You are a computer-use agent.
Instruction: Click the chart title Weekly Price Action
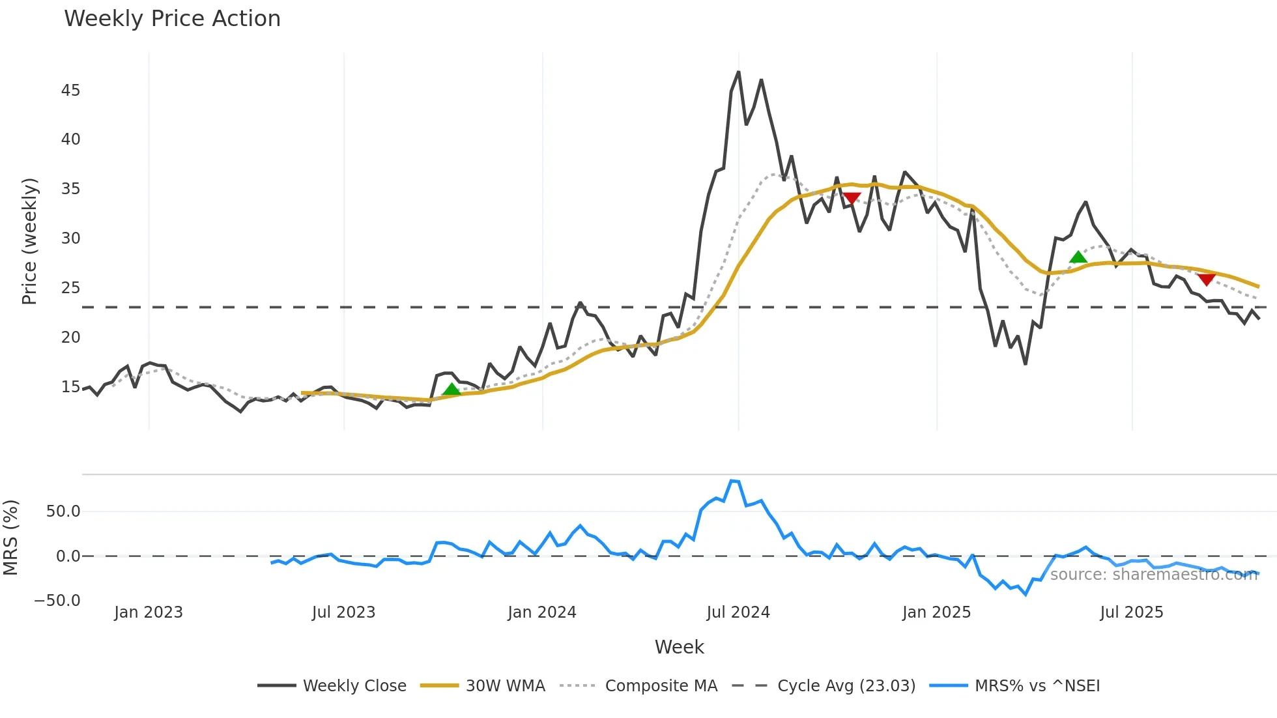point(172,19)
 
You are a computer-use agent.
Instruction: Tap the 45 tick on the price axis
point(70,91)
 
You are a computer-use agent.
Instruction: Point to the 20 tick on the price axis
point(70,337)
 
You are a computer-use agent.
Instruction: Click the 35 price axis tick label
point(70,189)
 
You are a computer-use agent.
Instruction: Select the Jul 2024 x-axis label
point(738,612)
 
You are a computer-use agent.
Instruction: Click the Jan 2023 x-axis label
point(149,612)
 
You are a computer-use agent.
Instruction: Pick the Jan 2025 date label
point(936,612)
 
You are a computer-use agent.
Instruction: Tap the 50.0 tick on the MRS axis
point(63,511)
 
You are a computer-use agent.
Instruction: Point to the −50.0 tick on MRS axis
point(57,601)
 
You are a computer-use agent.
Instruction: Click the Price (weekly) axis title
point(30,241)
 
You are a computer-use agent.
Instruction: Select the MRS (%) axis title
point(11,538)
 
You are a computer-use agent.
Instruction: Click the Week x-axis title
point(679,647)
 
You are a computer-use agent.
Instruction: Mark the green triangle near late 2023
point(451,390)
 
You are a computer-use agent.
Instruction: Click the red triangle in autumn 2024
point(852,197)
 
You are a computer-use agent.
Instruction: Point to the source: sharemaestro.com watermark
point(1153,575)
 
